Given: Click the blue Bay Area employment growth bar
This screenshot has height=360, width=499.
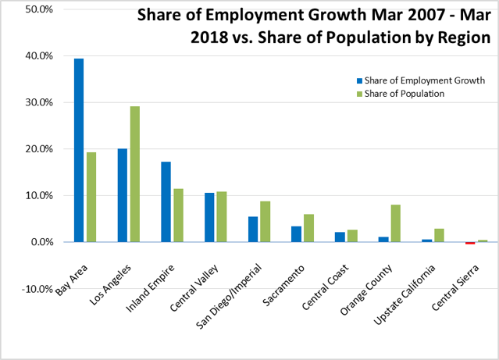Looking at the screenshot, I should (79, 150).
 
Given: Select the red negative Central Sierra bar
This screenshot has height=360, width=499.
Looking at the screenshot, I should (470, 243).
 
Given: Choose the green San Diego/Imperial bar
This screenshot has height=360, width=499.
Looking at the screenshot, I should (265, 222).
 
